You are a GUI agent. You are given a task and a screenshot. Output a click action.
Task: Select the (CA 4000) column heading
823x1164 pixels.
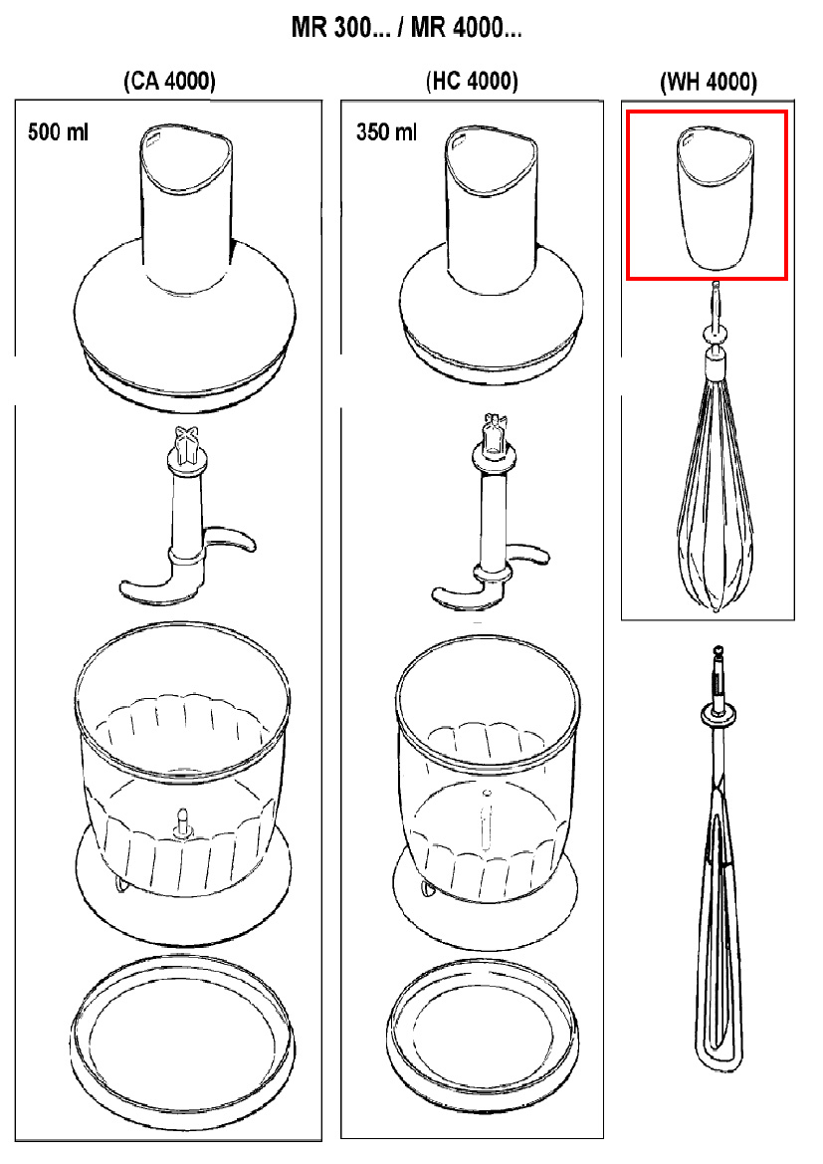(169, 83)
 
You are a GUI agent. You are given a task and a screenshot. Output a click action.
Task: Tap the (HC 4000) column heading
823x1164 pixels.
(471, 83)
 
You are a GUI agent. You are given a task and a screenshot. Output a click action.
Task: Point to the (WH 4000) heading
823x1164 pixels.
(708, 83)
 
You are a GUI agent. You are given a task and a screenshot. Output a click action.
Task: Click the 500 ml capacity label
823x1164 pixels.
(59, 132)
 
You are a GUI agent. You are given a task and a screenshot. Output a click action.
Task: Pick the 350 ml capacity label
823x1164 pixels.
(386, 132)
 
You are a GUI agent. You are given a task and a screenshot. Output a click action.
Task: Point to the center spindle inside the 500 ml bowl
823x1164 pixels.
(183, 821)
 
